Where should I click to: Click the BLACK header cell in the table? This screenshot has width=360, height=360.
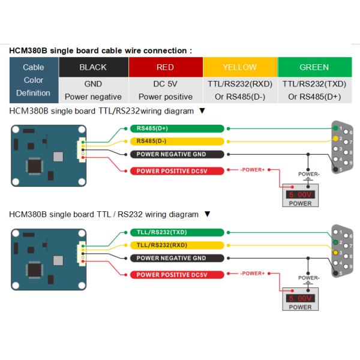(x=93, y=67)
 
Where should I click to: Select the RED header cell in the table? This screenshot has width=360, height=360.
(x=165, y=67)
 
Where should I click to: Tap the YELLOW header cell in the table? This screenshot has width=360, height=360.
(x=239, y=67)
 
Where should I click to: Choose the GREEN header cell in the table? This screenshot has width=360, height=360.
(x=314, y=67)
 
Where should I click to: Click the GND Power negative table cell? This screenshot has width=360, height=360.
(x=93, y=90)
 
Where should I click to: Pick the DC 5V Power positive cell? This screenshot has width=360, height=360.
(x=165, y=90)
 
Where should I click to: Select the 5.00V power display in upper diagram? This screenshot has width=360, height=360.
(x=300, y=195)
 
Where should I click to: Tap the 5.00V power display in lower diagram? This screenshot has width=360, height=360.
(x=300, y=298)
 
